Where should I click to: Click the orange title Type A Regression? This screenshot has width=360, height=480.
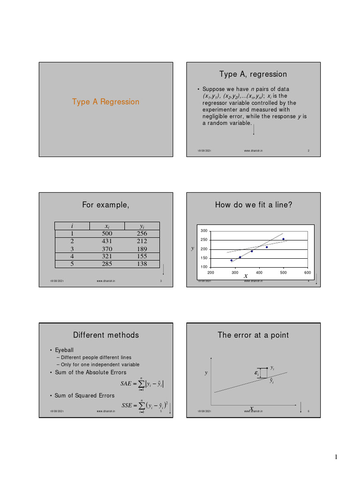(105, 102)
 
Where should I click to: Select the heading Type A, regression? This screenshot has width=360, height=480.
(253, 74)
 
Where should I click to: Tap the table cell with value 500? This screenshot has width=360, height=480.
(107, 233)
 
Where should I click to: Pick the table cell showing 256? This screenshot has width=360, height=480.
(142, 233)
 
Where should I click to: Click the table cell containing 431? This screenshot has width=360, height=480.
(107, 241)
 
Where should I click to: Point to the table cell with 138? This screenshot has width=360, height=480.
(142, 264)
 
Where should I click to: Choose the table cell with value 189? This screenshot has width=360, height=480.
(142, 249)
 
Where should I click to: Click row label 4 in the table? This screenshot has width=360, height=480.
(72, 256)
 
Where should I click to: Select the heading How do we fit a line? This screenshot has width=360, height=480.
(253, 204)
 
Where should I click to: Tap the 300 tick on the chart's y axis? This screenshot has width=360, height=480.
(204, 231)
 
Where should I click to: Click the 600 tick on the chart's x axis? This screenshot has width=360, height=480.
(307, 272)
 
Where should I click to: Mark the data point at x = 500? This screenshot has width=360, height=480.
(283, 239)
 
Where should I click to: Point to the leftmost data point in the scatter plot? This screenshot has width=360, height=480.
(231, 260)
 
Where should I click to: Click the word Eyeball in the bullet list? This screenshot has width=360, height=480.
(65, 350)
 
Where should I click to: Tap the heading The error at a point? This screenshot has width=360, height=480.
(253, 335)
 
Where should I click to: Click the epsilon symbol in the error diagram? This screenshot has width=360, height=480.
(256, 373)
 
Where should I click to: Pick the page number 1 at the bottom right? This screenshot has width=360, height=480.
(336, 458)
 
